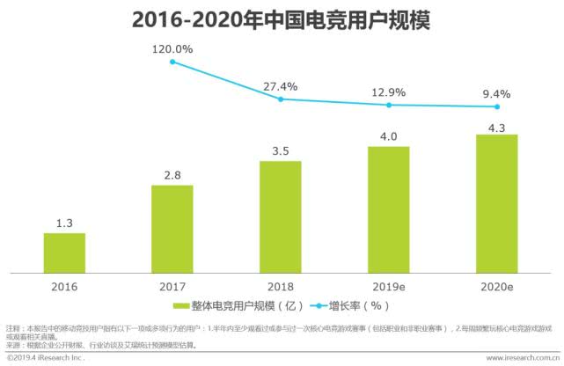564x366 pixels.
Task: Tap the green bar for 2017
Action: click(x=172, y=229)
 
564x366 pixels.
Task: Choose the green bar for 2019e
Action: click(x=388, y=209)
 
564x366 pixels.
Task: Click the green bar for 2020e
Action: click(x=496, y=203)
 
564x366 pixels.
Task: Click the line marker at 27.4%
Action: click(x=280, y=99)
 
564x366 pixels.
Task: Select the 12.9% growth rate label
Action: click(x=388, y=91)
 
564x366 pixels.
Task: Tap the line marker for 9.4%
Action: click(x=496, y=106)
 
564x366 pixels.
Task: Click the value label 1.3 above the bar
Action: click(x=64, y=223)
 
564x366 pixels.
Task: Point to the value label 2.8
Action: click(x=172, y=175)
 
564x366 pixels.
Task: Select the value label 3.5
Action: click(x=280, y=151)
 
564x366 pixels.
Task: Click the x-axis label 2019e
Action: click(x=388, y=287)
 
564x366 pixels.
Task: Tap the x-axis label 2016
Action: click(x=64, y=287)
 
